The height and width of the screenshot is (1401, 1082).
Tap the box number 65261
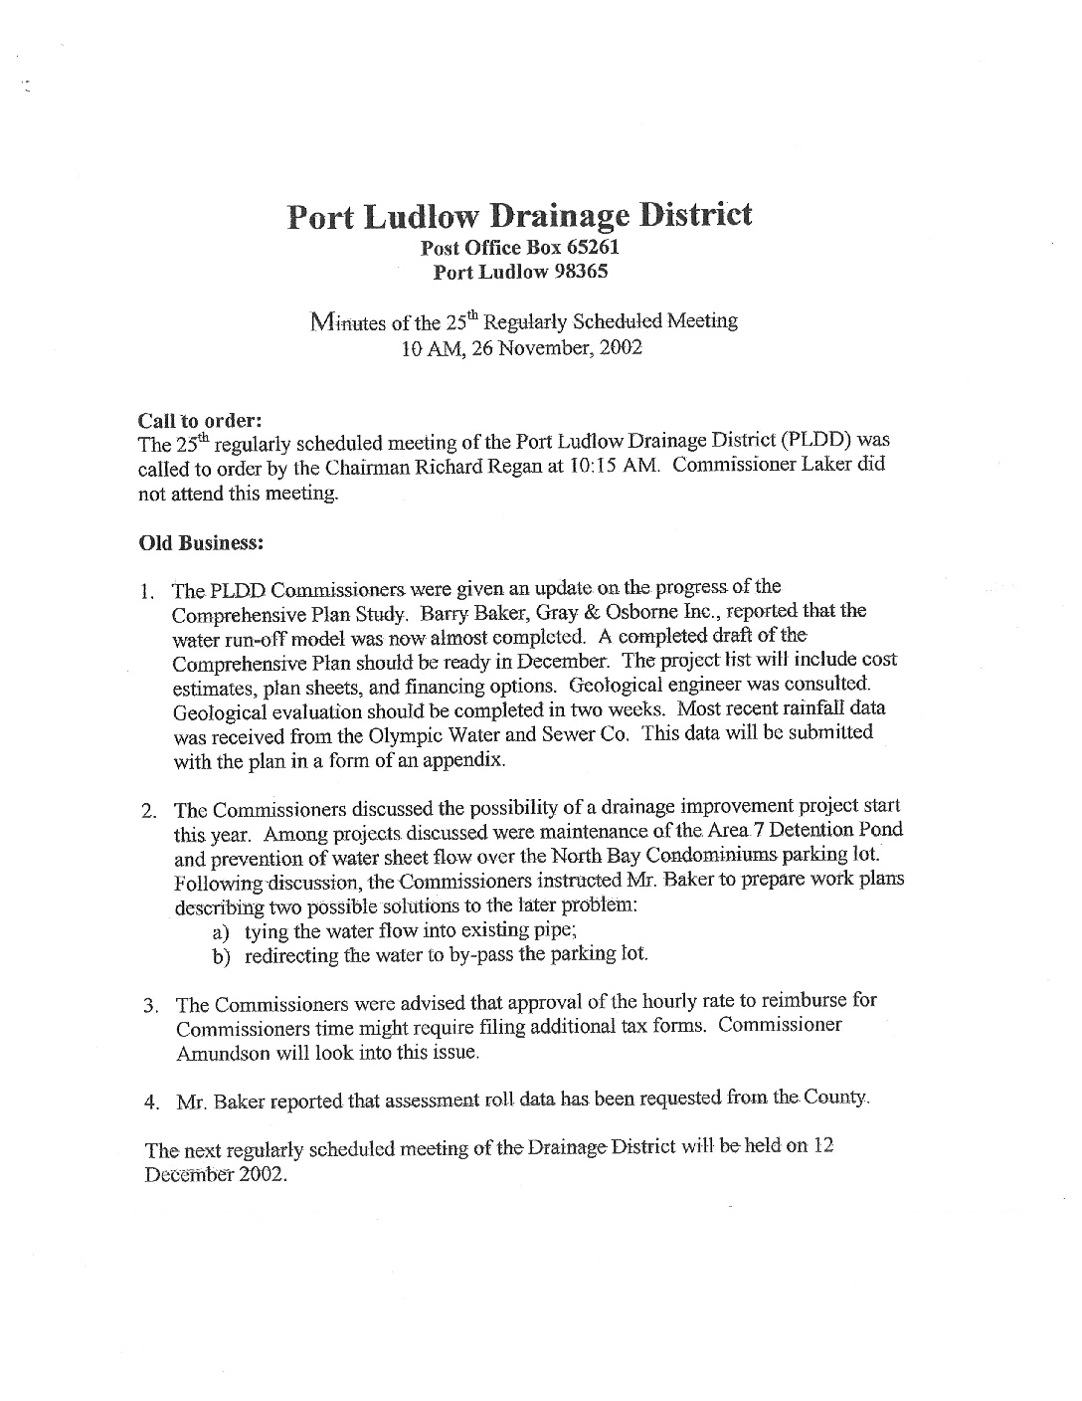tap(593, 248)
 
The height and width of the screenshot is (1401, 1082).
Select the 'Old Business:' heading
tap(200, 542)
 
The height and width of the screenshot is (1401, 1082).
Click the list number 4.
tap(151, 1101)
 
